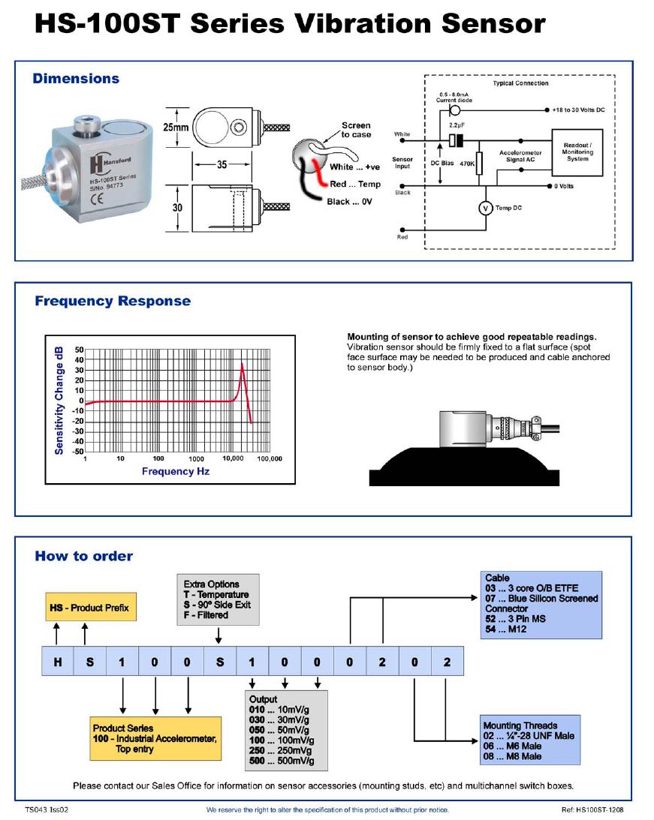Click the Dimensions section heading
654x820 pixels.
click(76, 79)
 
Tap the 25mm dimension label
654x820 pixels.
click(176, 128)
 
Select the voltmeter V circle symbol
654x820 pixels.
click(486, 208)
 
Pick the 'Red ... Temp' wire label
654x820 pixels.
click(354, 185)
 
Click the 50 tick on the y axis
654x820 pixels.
click(79, 350)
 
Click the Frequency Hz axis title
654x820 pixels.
click(176, 471)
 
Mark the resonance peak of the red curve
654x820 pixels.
click(242, 365)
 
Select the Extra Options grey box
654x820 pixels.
click(218, 599)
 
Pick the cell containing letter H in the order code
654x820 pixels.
click(57, 662)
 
